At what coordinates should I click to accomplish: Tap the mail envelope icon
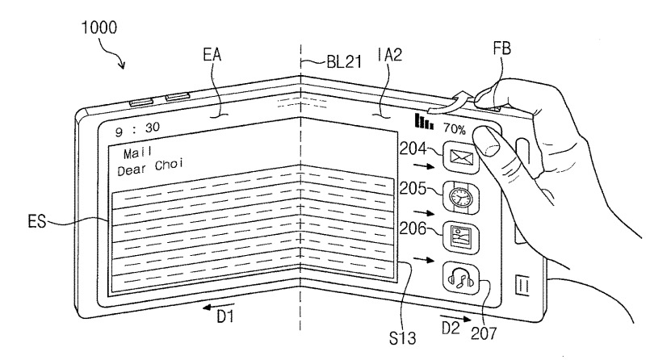pos(461,158)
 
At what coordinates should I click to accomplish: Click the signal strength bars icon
pos(423,122)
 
